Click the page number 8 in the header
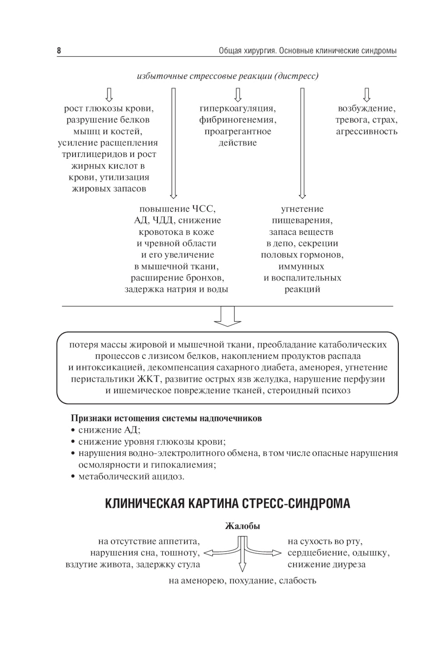59,51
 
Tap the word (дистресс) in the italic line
297,76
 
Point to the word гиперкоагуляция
237,108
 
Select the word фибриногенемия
237,120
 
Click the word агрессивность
367,132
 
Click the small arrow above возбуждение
367,94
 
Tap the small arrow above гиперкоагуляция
238,94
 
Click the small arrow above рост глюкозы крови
109,94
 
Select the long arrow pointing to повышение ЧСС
173,143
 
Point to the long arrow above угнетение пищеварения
302,143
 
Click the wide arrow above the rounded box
228,316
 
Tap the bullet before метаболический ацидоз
73,477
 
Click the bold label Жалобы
242,526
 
